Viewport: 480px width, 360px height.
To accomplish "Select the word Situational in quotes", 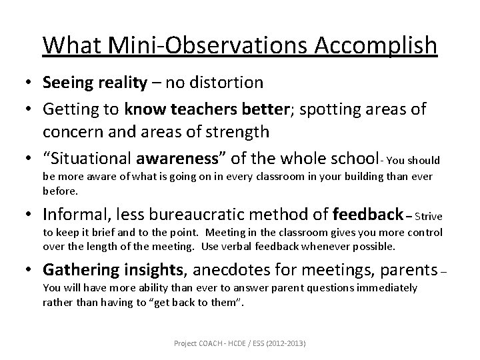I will tap(93, 159).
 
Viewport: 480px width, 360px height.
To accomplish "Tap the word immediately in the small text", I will tap(389, 288).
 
